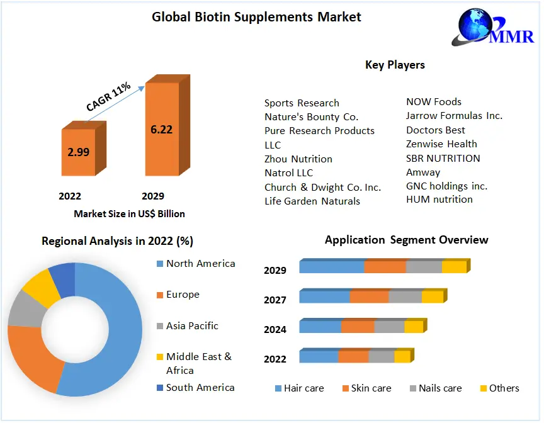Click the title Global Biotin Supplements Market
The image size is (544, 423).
(x=256, y=17)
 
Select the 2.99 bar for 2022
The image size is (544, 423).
(x=78, y=152)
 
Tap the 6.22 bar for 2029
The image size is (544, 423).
(x=162, y=130)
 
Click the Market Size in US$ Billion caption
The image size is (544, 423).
(x=129, y=213)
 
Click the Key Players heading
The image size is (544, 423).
(x=395, y=65)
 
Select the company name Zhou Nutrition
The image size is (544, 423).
(x=298, y=159)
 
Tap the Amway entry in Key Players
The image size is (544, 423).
(x=423, y=172)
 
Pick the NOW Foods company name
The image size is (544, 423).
(x=434, y=102)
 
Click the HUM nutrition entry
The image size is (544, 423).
(x=439, y=200)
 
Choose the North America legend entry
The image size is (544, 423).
(x=200, y=264)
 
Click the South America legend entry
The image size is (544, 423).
(x=200, y=388)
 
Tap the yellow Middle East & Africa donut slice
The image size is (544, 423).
(x=40, y=286)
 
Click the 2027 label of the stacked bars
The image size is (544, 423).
(x=275, y=300)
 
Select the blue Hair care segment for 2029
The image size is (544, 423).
(x=331, y=267)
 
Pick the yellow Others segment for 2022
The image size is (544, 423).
(x=402, y=357)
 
